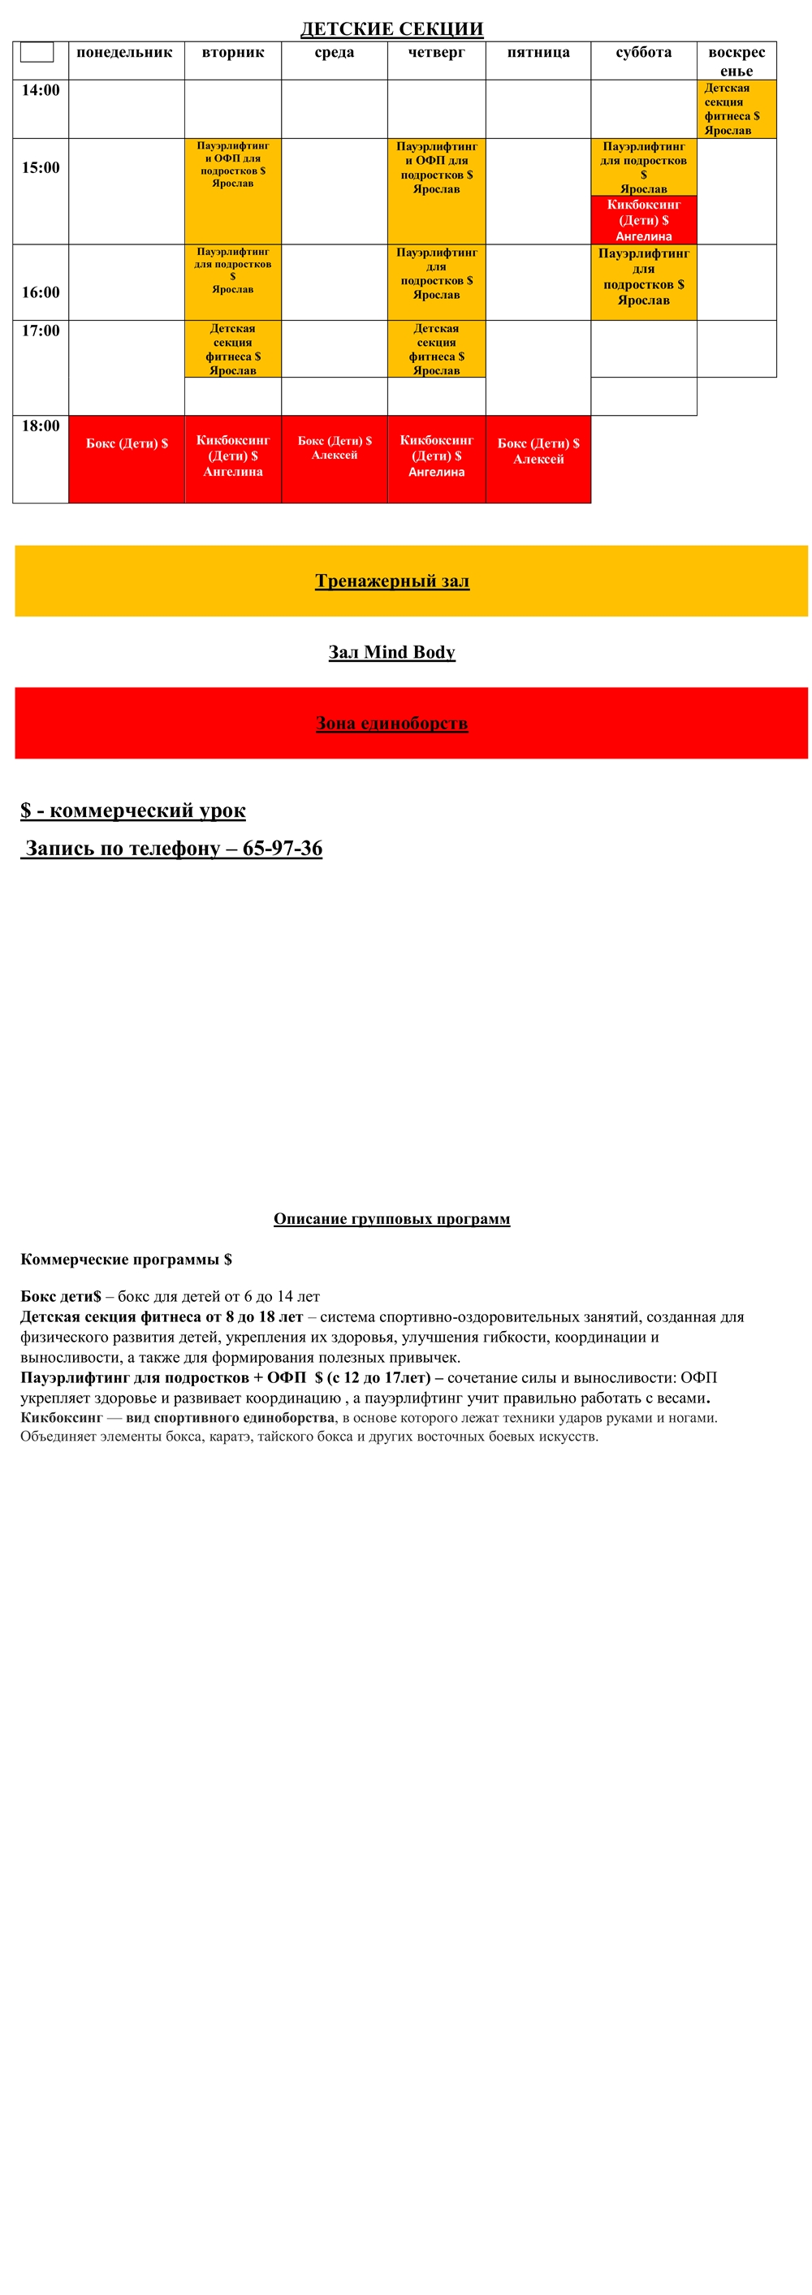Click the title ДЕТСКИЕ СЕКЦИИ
coord(391,29)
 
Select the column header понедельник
coord(125,53)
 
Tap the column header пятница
coord(538,53)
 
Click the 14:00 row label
coord(41,91)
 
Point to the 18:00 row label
coord(41,426)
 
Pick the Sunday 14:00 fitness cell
coord(736,109)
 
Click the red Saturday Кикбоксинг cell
coord(644,220)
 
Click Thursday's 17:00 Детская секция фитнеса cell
coord(436,349)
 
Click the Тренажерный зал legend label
coord(391,581)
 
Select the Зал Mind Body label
coord(391,652)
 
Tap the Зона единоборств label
coord(391,724)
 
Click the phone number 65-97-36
coord(283,848)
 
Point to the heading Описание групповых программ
coord(391,1219)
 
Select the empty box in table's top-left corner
coord(37,53)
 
